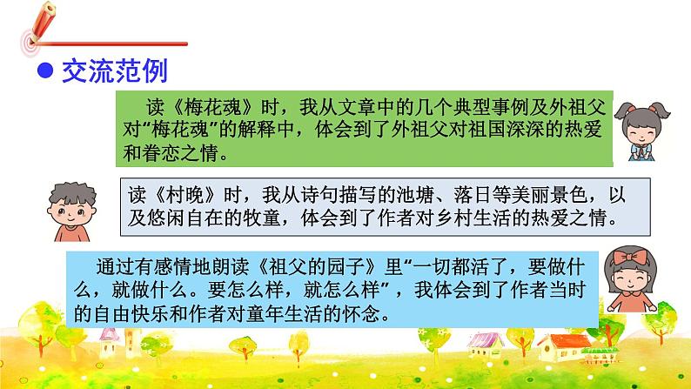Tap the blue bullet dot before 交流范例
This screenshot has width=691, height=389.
42,70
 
